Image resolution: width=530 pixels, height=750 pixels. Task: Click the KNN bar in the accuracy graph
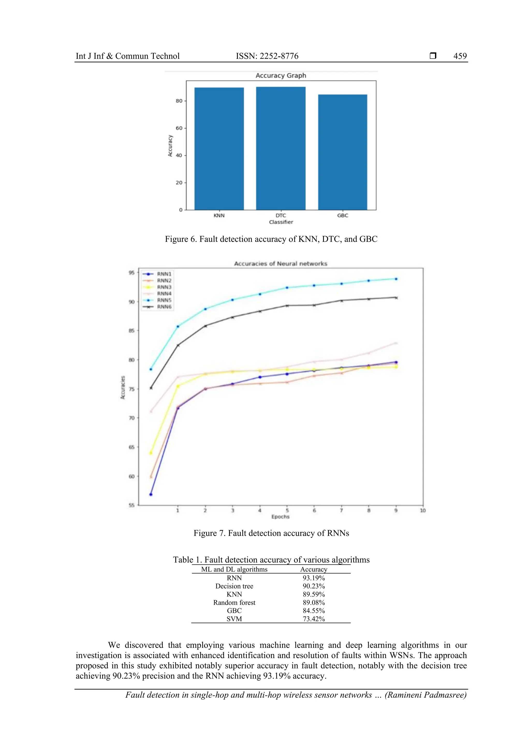coord(219,149)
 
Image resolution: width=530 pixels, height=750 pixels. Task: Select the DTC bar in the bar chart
coord(281,148)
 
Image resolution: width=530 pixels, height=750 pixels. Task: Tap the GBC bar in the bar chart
coord(343,152)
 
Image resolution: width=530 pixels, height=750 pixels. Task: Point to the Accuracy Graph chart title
coord(281,75)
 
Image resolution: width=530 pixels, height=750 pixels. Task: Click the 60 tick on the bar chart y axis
coord(179,128)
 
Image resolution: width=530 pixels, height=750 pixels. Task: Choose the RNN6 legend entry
coord(164,307)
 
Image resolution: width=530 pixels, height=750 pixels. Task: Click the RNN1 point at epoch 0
coord(151,494)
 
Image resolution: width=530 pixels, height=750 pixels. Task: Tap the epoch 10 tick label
coord(423,511)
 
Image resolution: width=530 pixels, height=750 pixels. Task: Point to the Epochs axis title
coord(280,517)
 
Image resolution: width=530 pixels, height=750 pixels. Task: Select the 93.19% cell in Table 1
coord(313,578)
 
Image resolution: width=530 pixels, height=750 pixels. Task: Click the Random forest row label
coord(234,603)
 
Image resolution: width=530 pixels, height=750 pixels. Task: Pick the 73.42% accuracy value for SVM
coord(313,619)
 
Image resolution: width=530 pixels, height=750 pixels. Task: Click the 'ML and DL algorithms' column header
coord(234,569)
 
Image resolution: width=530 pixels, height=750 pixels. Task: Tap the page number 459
coord(460,56)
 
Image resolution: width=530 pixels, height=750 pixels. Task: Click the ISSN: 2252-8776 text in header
coord(267,56)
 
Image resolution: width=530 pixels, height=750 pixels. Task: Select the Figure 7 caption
coord(271,533)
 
